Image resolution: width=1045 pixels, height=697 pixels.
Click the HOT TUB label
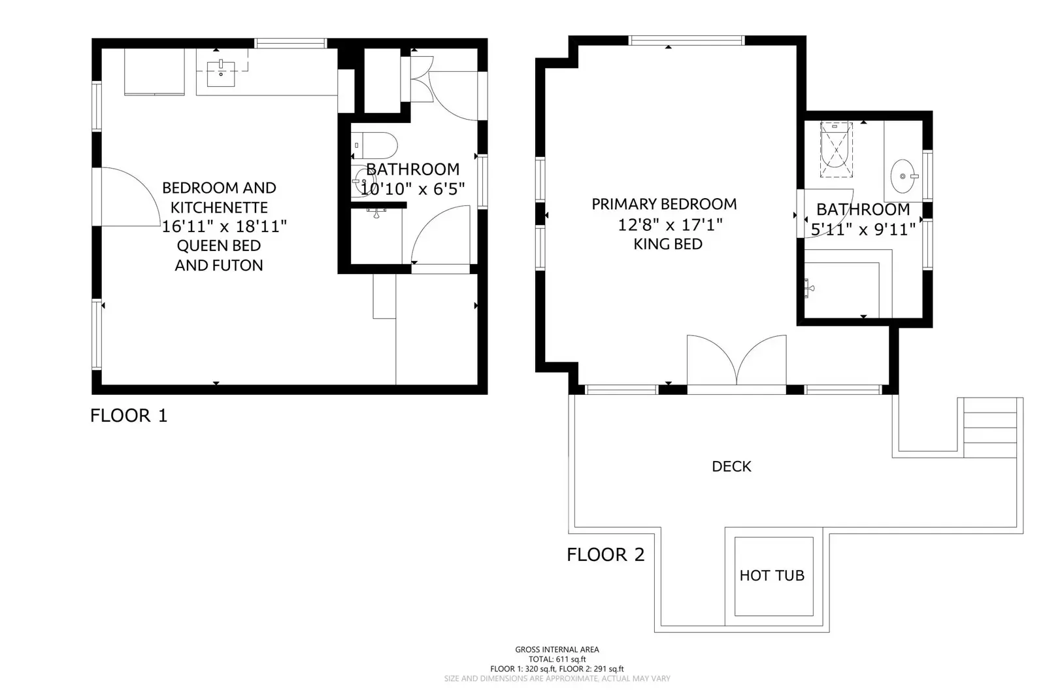pyautogui.click(x=772, y=575)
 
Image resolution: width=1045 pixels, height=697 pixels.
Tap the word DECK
pyautogui.click(x=731, y=466)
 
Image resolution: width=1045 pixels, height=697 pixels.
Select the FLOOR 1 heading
pyautogui.click(x=129, y=415)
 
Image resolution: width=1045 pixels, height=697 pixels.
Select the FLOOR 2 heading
pyautogui.click(x=605, y=554)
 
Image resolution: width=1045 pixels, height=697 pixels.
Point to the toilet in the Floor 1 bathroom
pyautogui.click(x=376, y=143)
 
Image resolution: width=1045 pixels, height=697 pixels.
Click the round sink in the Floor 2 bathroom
pyautogui.click(x=903, y=177)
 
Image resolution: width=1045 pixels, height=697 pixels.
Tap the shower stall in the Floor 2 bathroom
pyautogui.click(x=837, y=150)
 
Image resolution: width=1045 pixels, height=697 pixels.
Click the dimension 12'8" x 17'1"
pyautogui.click(x=670, y=225)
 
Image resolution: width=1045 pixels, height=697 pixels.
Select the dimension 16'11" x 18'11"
pyautogui.click(x=224, y=226)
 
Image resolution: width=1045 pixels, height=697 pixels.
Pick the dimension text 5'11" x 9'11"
pyautogui.click(x=863, y=229)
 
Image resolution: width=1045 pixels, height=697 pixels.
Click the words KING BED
pyautogui.click(x=668, y=244)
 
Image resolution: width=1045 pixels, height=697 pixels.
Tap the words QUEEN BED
pyautogui.click(x=219, y=246)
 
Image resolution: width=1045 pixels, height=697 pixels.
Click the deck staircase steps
pyautogui.click(x=990, y=428)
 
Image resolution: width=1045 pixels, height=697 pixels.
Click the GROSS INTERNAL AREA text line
pyautogui.click(x=557, y=649)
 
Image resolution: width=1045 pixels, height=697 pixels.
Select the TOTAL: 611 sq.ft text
pyautogui.click(x=557, y=659)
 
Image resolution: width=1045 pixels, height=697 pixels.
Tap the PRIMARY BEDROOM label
pyautogui.click(x=664, y=204)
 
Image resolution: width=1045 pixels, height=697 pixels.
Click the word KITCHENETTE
pyautogui.click(x=219, y=207)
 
